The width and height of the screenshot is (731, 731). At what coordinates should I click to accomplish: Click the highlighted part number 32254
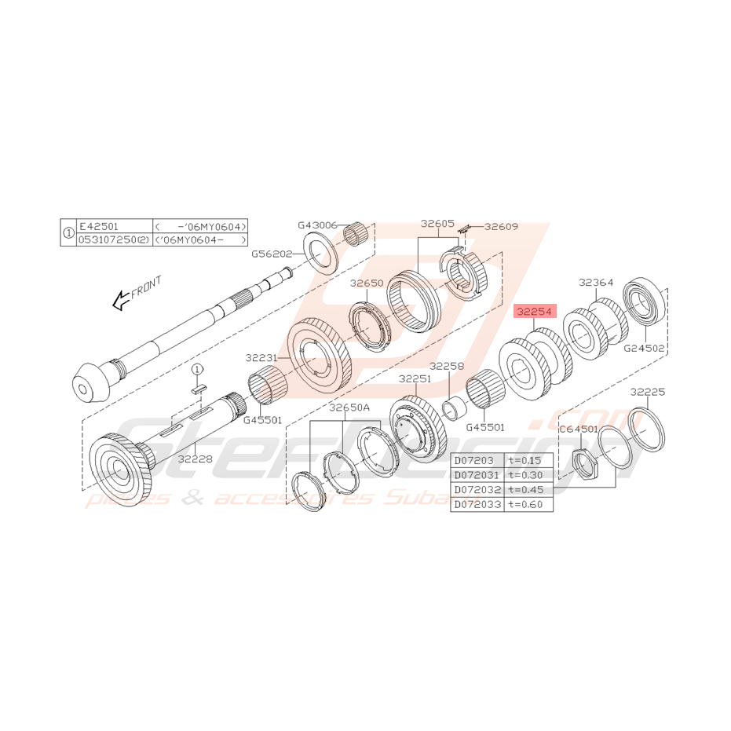tap(535, 312)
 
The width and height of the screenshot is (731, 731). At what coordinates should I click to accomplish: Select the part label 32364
tap(596, 282)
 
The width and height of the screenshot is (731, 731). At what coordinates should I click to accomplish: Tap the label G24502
tap(645, 347)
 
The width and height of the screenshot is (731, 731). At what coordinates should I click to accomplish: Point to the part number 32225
tap(648, 391)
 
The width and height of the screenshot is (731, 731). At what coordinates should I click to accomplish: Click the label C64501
tap(579, 429)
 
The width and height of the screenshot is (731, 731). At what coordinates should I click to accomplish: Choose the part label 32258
tap(447, 367)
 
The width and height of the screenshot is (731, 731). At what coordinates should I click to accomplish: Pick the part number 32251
tap(415, 378)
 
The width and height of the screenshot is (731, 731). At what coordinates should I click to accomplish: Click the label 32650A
tap(349, 408)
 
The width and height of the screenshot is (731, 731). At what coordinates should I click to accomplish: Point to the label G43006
tap(318, 225)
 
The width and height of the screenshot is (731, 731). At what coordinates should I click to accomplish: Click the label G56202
tap(272, 254)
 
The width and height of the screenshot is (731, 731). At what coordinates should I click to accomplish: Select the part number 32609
tap(502, 226)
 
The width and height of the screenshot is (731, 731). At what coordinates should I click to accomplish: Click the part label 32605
tap(437, 223)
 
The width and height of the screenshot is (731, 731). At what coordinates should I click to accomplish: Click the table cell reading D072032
tap(477, 489)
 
